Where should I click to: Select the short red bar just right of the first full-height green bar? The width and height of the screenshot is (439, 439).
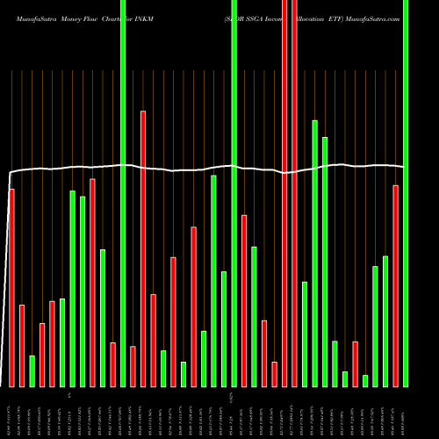pyautogui.click(x=133, y=366)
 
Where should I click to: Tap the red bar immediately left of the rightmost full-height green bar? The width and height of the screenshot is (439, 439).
pyautogui.click(x=396, y=285)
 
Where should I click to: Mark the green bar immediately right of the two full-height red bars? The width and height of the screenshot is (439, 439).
pyautogui.click(x=305, y=334)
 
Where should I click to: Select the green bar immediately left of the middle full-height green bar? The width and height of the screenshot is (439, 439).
pyautogui.click(x=224, y=328)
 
